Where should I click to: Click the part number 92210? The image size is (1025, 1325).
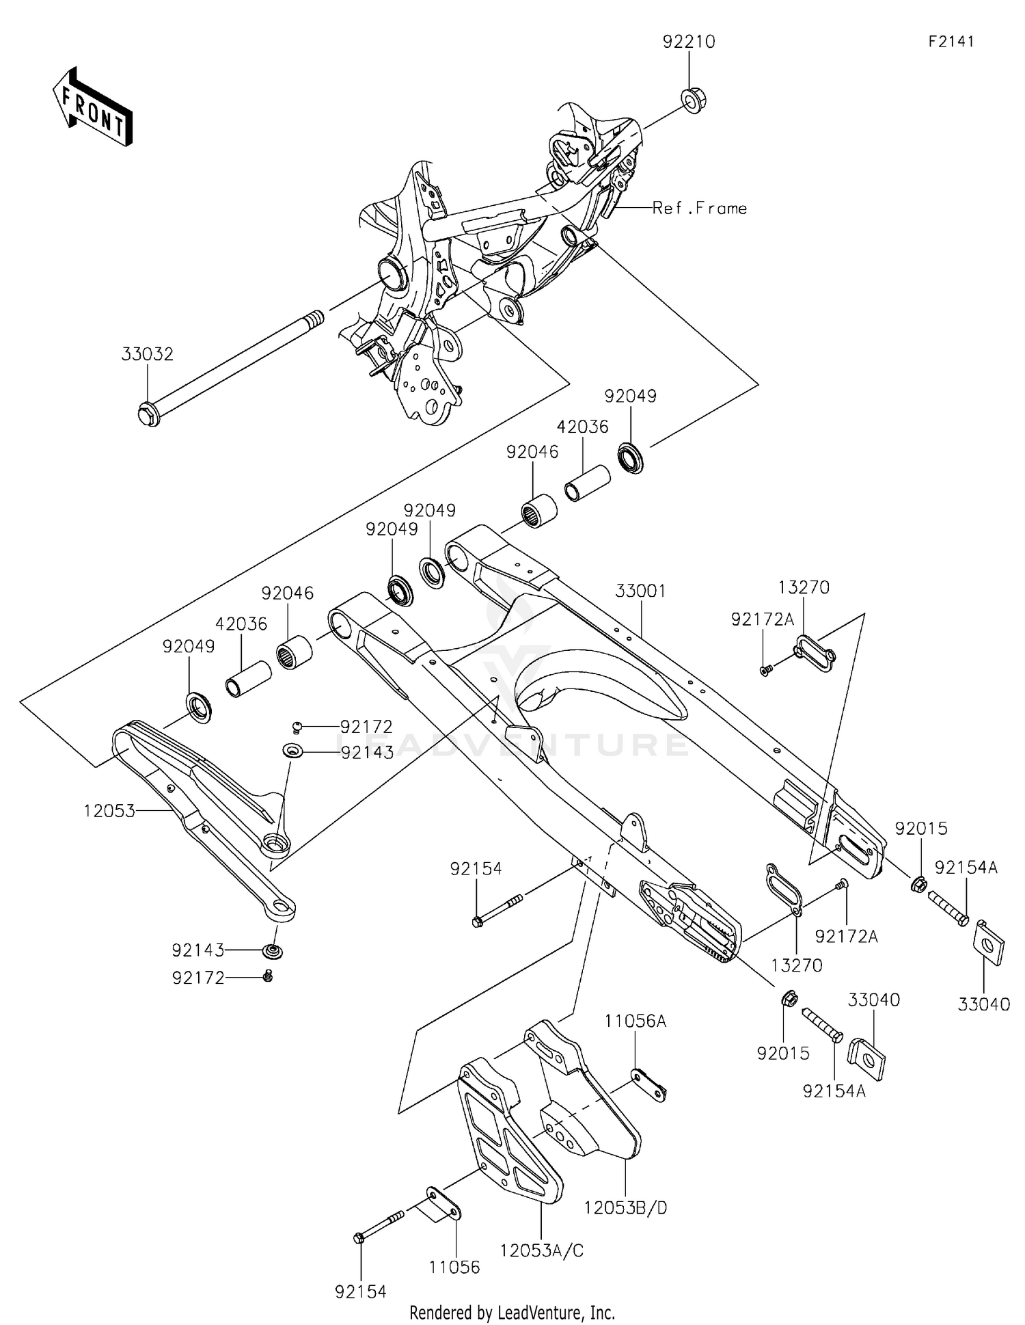pos(688,42)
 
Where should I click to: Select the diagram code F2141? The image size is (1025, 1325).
pos(951,42)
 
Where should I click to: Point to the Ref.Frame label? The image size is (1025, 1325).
pos(699,209)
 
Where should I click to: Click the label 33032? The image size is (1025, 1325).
pos(148,354)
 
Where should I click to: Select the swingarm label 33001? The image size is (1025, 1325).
pos(640,591)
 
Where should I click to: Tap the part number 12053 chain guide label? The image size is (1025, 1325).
pos(109,811)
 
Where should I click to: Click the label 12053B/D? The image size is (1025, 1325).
pos(625,1208)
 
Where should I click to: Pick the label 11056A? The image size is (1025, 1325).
pos(635,1021)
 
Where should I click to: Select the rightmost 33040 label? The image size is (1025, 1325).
pos(983,1004)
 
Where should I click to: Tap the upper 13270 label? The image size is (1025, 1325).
pos(804,587)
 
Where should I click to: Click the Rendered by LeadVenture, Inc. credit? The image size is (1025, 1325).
pos(512,1312)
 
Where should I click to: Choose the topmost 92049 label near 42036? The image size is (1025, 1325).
pos(630,397)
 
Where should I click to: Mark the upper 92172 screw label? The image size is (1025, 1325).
pos(367,727)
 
